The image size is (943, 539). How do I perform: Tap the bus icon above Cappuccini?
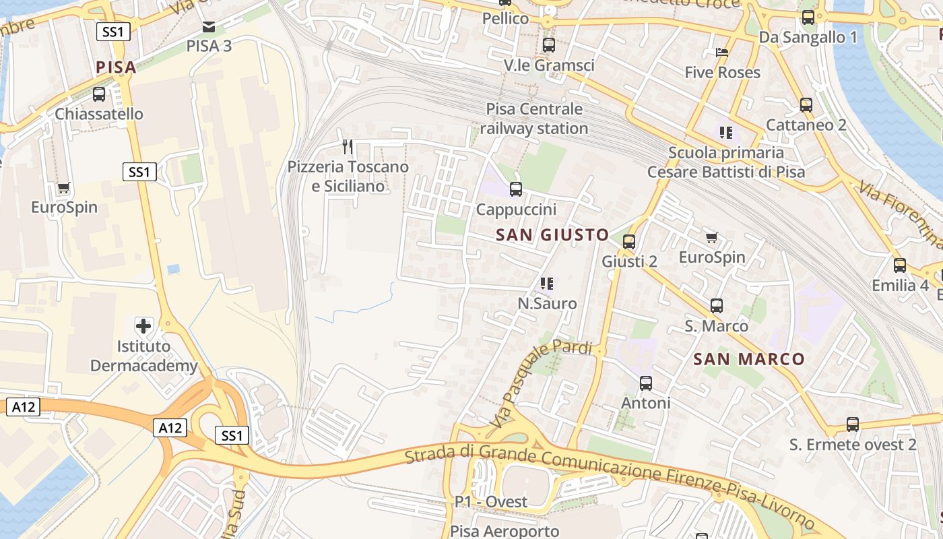click(x=516, y=189)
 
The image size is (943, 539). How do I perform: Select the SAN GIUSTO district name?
click(x=552, y=235)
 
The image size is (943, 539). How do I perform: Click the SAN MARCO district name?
click(x=749, y=359)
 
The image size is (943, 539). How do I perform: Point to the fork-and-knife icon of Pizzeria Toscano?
click(x=348, y=146)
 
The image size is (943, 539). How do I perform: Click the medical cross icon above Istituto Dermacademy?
click(x=143, y=327)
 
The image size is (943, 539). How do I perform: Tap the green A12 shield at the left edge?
click(x=23, y=406)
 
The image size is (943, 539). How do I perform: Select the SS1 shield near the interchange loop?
click(x=232, y=435)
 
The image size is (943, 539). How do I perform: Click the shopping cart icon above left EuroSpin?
click(x=63, y=188)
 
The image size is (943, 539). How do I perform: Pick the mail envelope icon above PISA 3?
click(x=209, y=27)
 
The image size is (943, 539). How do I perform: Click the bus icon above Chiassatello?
click(x=99, y=94)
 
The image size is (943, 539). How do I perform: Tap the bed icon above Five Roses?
click(x=722, y=53)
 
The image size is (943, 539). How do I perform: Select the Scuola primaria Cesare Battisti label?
click(x=726, y=162)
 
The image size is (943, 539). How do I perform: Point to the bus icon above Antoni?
click(x=645, y=383)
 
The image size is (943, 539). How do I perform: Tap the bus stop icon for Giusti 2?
click(x=629, y=242)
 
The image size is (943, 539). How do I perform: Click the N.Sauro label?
click(x=547, y=304)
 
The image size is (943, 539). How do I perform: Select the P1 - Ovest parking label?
click(x=490, y=502)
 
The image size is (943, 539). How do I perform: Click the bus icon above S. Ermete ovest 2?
click(x=853, y=425)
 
